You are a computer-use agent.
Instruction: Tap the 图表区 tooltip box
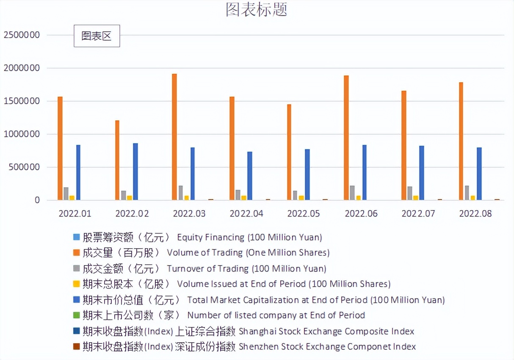97,36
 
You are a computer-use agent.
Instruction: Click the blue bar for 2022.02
135,172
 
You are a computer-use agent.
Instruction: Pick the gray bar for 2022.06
352,193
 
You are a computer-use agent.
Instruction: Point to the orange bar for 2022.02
117,160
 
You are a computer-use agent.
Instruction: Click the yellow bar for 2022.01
72,198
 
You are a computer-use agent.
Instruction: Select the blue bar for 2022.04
250,176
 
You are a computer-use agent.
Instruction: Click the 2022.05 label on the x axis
304,213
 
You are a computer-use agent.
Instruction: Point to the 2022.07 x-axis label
418,213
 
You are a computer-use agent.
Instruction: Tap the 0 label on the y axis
37,200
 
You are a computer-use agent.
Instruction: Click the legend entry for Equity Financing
202,237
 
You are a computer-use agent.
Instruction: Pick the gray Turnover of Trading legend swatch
76,269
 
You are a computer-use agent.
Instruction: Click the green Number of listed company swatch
76,315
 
